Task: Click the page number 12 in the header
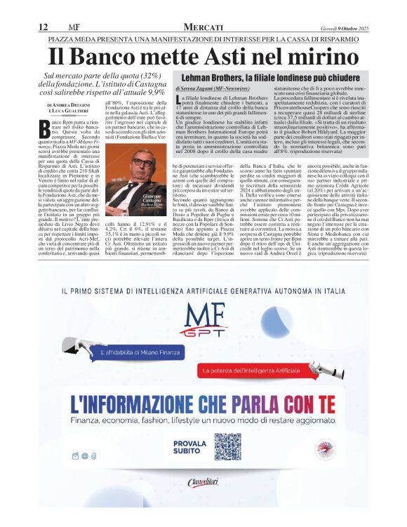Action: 43,27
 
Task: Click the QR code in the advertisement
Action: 233,447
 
